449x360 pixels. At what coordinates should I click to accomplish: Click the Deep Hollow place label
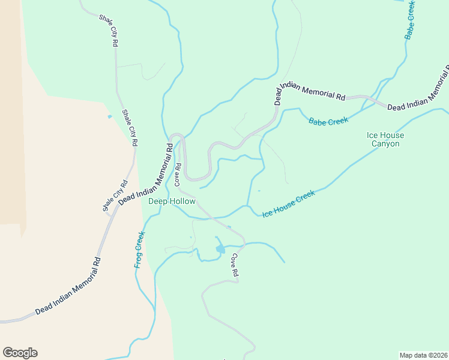pyautogui.click(x=172, y=202)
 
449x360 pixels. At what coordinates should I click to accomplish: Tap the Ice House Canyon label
pyautogui.click(x=385, y=140)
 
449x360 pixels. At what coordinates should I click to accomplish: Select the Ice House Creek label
pyautogui.click(x=289, y=203)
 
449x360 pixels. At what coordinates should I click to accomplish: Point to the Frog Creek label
pyautogui.click(x=139, y=249)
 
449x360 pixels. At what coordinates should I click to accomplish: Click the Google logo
pyautogui.click(x=20, y=353)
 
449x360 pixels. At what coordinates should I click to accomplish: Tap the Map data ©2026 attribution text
pyautogui.click(x=423, y=355)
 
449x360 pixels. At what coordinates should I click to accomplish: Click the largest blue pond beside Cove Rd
pyautogui.click(x=220, y=248)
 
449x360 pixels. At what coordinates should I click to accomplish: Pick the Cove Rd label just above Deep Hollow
pyautogui.click(x=178, y=175)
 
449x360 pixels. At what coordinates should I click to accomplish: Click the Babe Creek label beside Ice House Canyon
pyautogui.click(x=328, y=121)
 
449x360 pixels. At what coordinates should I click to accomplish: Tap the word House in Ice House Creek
pyautogui.click(x=288, y=204)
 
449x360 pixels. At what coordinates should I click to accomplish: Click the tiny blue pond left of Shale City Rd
pyautogui.click(x=109, y=116)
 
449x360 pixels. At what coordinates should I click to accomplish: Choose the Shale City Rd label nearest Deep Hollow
pyautogui.click(x=115, y=196)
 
